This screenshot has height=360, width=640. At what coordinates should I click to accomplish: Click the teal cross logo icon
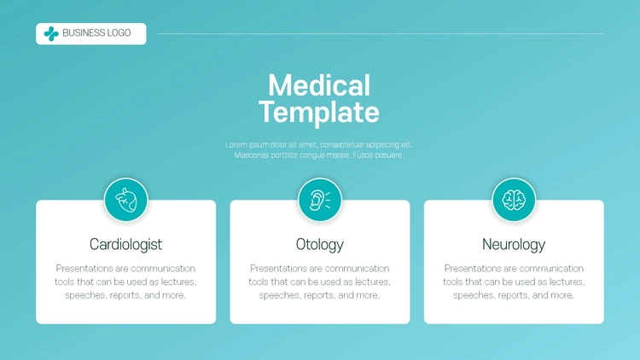[x=51, y=34]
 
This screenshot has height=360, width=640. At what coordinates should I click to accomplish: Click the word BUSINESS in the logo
[x=84, y=33]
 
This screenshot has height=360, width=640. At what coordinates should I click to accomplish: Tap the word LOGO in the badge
[x=119, y=33]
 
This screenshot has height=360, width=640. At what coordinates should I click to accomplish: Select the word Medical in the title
[x=319, y=85]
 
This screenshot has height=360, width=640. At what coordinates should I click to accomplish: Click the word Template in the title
[x=319, y=113]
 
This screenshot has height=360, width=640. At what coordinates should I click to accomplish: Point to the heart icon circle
[x=126, y=200]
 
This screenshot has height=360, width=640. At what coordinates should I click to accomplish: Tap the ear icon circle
[x=320, y=200]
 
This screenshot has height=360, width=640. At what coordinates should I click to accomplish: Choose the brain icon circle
[x=514, y=200]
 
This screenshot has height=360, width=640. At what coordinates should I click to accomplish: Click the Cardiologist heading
[x=125, y=245]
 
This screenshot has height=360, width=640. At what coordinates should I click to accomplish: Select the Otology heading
[x=320, y=245]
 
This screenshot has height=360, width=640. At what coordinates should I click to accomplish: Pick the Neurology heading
[x=514, y=245]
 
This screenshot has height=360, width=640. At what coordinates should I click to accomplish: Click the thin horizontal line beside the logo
[x=381, y=34]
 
